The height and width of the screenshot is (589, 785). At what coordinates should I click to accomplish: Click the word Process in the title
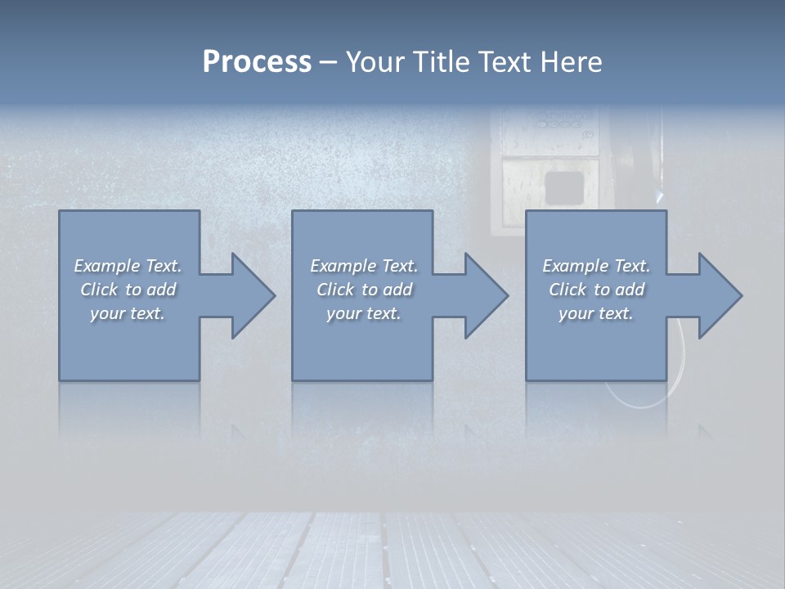coord(257,62)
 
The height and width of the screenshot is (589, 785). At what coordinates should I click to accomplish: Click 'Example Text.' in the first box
coord(128,266)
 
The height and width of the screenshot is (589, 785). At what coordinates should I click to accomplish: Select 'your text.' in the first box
coord(128,313)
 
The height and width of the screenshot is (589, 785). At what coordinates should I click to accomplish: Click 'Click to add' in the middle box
coord(364,290)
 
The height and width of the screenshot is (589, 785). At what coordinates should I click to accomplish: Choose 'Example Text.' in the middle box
coord(364,266)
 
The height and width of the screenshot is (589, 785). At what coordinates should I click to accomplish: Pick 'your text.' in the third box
coord(596,313)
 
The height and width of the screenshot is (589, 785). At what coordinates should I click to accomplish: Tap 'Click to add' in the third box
coord(596,290)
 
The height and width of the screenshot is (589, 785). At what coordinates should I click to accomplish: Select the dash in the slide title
coord(328,62)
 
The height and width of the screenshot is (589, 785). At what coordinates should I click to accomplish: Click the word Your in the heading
coord(374,62)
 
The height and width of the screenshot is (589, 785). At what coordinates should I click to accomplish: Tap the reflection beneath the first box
coord(129,409)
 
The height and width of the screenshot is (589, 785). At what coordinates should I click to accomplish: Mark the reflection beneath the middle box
coord(362,409)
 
